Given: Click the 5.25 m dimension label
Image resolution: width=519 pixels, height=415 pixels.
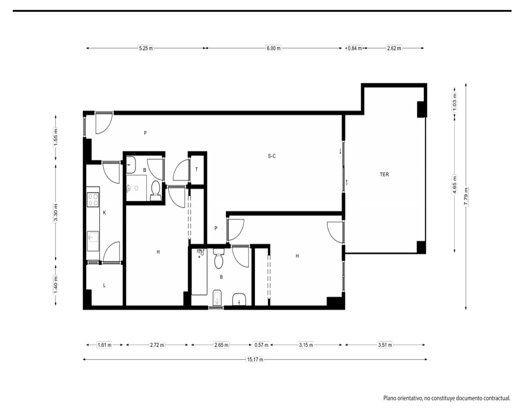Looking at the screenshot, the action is click(x=146, y=48).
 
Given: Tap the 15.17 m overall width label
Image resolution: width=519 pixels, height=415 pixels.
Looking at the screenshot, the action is click(x=255, y=359).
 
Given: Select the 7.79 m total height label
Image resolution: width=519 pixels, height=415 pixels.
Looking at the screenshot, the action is click(x=466, y=197).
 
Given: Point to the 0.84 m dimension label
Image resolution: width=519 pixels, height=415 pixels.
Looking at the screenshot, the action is click(x=354, y=48).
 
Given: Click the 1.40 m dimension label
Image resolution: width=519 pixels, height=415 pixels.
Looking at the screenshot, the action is click(x=56, y=284).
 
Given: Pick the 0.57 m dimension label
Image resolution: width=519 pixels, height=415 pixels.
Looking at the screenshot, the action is click(x=261, y=345).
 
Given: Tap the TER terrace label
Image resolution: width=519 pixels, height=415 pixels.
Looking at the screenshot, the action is click(x=384, y=174).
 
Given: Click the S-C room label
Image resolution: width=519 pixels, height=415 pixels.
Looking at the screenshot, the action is click(x=272, y=156).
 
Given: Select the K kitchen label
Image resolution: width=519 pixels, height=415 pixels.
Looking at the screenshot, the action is click(x=104, y=213).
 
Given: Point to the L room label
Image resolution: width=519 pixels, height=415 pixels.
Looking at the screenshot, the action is click(x=104, y=285).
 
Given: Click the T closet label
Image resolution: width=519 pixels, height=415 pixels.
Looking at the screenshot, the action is click(x=196, y=170).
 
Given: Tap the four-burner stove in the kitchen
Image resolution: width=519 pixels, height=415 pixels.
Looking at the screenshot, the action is click(x=93, y=200).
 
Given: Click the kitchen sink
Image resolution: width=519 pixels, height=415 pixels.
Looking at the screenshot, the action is click(x=93, y=237).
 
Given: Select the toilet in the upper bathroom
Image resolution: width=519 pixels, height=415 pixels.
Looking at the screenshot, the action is click(x=155, y=191).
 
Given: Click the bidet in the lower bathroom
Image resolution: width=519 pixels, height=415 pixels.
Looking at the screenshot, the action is click(x=217, y=298).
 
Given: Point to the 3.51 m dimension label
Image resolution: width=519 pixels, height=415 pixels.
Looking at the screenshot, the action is click(x=385, y=345).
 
